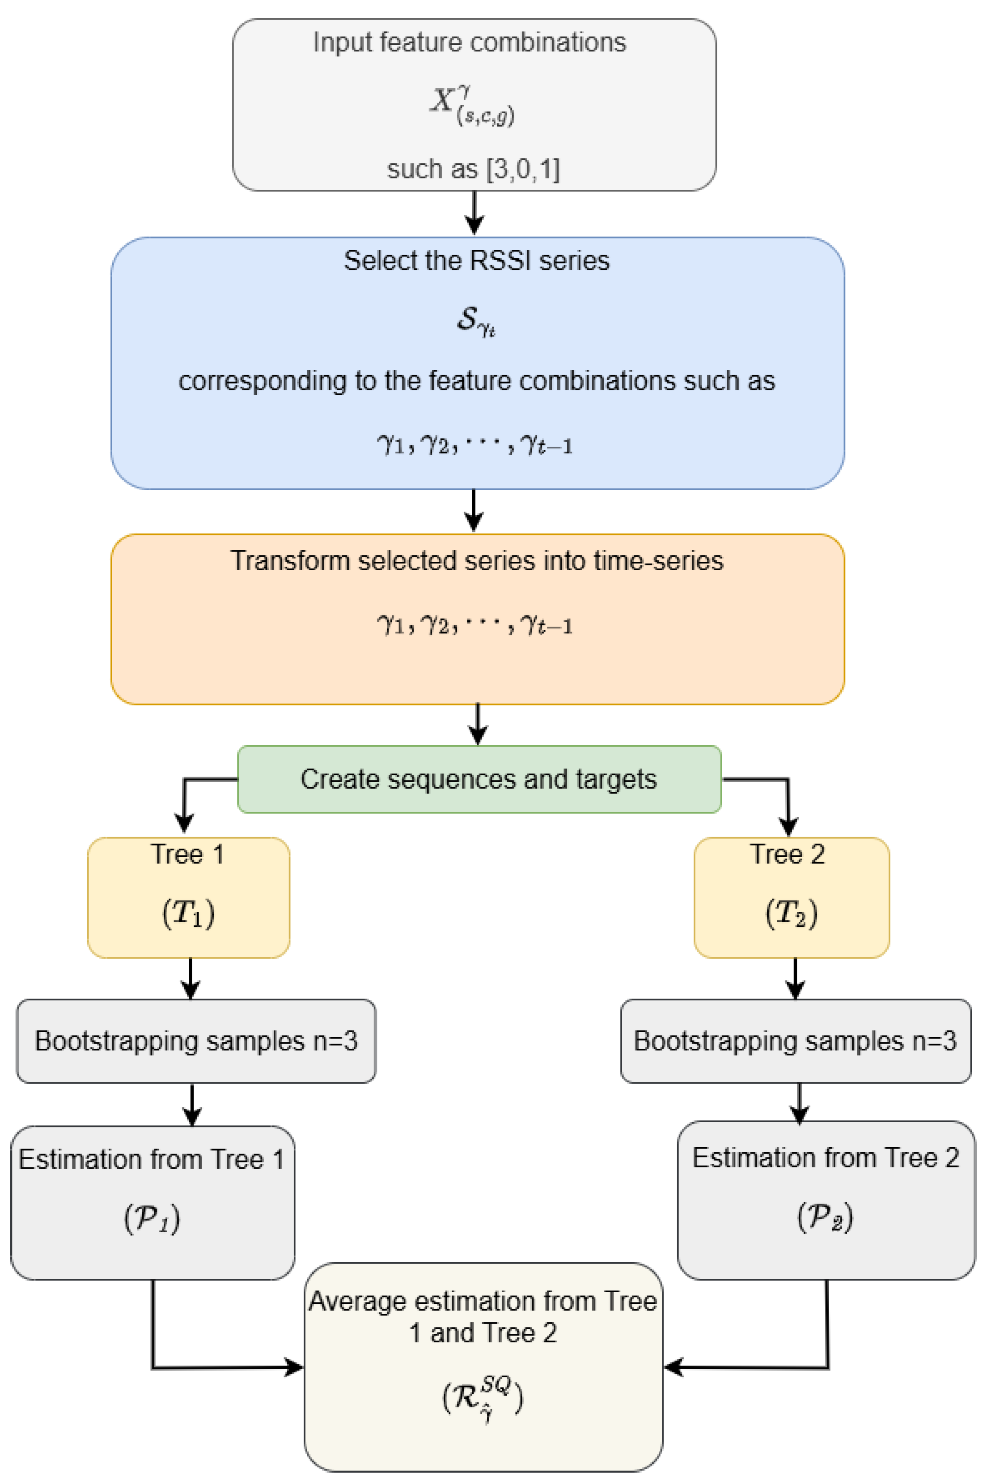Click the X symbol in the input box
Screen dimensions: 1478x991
[442, 99]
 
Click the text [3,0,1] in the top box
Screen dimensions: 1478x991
[523, 169]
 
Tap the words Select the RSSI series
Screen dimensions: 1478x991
[477, 261]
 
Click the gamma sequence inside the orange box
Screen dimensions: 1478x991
[474, 625]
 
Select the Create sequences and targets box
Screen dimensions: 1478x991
[479, 779]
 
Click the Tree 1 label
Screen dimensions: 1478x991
[187, 854]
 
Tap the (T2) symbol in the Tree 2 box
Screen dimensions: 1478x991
[791, 913]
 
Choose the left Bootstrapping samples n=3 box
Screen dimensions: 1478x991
[196, 1041]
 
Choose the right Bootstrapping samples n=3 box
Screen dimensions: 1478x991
[795, 1041]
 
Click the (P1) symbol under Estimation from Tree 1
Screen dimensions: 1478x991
[152, 1217]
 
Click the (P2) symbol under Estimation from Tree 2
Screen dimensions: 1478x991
[825, 1216]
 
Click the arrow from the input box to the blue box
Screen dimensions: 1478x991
[474, 213]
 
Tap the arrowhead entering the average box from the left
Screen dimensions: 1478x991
[293, 1367]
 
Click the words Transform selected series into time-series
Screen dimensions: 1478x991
[477, 561]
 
